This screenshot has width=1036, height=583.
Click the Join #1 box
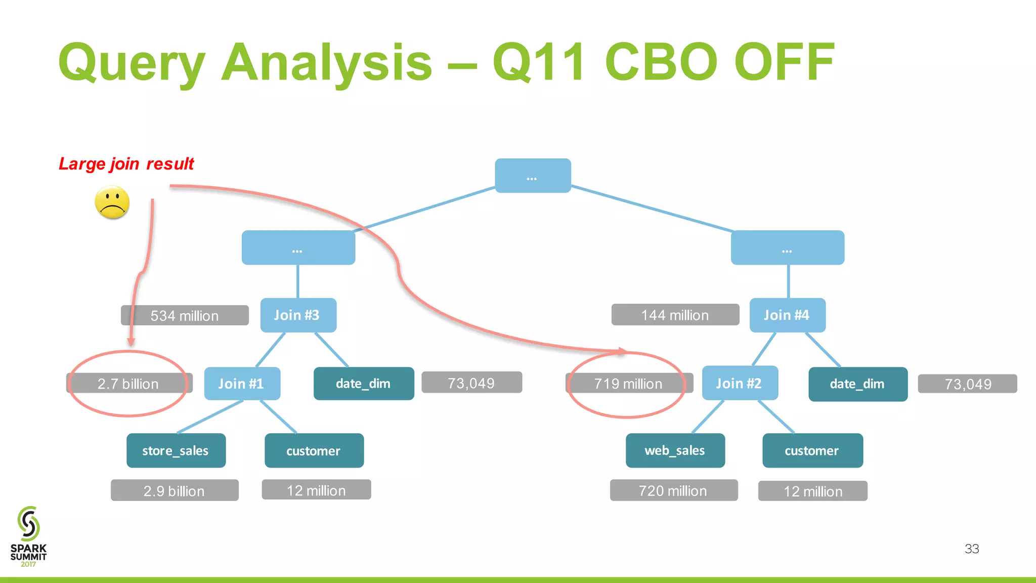pos(242,384)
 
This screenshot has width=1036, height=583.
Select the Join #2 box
pos(740,383)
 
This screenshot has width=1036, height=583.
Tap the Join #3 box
pos(298,315)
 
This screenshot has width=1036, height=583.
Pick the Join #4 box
pos(787,315)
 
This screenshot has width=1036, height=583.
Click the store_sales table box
pos(176,450)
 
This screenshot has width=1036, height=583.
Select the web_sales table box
pos(675,450)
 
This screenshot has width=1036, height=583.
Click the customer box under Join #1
pos(314,450)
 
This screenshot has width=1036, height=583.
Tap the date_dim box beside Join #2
pos(857,384)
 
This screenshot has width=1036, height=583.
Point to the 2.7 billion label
pos(128,384)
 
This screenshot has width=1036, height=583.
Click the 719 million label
pos(628,384)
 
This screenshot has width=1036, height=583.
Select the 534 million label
pos(185,315)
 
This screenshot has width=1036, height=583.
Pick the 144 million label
pos(675,315)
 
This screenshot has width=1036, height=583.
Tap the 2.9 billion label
pos(175,490)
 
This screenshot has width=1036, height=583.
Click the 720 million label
pos(673,490)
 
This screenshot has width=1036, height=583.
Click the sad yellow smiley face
pos(112,202)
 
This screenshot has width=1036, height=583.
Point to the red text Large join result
pos(126,164)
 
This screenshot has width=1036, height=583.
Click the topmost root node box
pos(533,176)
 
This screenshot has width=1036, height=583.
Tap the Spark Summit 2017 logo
pos(28,536)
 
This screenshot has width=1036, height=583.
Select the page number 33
pos(971,549)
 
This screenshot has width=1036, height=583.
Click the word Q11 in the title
pos(539,62)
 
